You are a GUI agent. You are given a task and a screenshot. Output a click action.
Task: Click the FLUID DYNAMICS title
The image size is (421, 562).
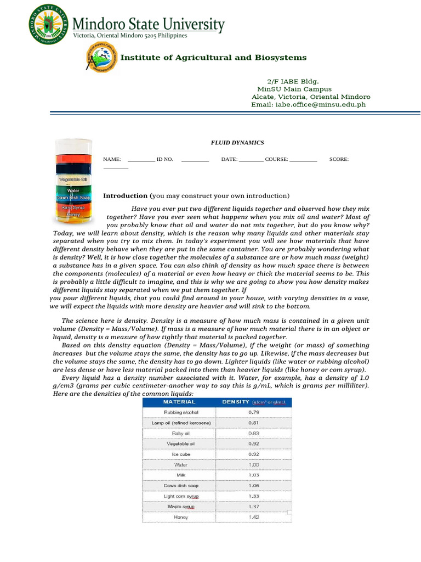(x=237, y=143)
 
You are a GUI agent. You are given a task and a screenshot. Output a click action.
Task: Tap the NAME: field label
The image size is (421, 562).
(x=112, y=159)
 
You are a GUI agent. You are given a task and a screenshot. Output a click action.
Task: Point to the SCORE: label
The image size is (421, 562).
(x=339, y=159)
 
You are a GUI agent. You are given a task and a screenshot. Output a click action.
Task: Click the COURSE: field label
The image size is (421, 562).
(x=276, y=159)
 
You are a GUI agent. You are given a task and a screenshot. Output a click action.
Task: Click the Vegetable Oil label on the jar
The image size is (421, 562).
(x=73, y=179)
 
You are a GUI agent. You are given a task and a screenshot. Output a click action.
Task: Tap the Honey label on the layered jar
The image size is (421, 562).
(x=73, y=215)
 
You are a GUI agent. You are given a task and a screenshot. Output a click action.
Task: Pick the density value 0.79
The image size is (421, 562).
(x=254, y=412)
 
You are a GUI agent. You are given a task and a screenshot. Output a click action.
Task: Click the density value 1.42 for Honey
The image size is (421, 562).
(x=254, y=517)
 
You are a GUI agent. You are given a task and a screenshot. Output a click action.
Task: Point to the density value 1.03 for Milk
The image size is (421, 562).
(x=254, y=475)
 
